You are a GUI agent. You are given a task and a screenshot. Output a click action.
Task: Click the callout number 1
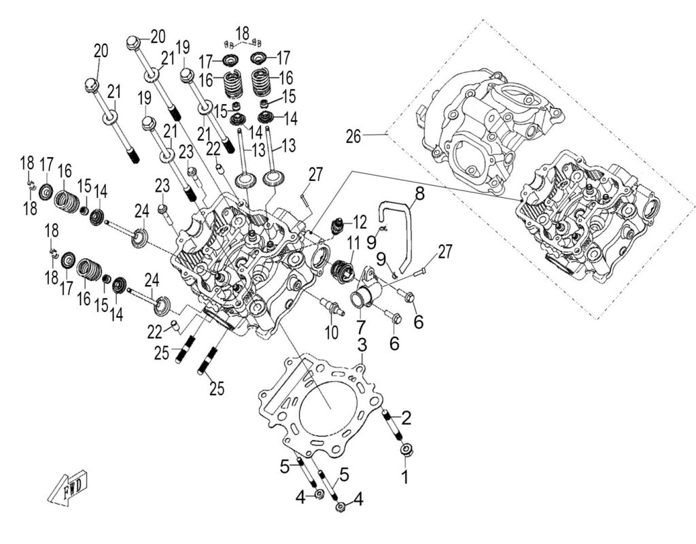tap(405, 477)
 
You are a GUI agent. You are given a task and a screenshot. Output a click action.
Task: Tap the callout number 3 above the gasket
tap(363, 345)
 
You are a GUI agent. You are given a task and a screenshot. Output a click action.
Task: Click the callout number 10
tap(331, 333)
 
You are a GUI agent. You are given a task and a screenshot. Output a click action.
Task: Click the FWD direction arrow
tap(67, 487)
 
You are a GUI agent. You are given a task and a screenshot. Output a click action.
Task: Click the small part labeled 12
tap(338, 226)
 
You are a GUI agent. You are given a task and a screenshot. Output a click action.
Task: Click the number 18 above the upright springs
tap(243, 32)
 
